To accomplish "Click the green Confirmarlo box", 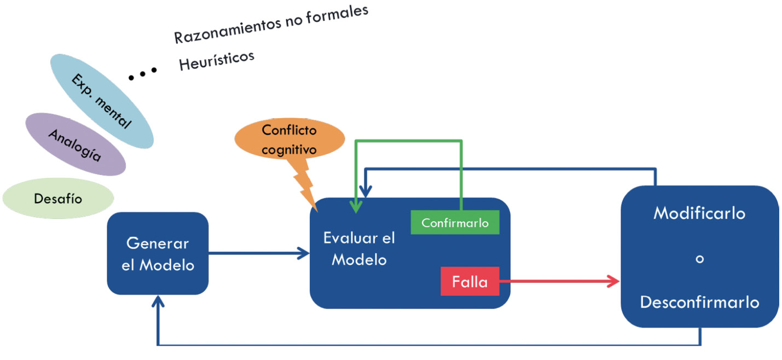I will (455, 223).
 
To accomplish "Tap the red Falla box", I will (470, 282).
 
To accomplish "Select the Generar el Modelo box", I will (158, 253).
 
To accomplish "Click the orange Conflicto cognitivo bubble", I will (289, 140).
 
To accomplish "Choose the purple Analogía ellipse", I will (75, 144).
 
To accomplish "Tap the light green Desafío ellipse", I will (58, 198).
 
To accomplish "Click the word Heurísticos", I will (217, 60).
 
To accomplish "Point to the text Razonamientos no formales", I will (271, 25).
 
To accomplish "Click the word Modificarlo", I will (699, 213).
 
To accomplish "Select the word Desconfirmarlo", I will (699, 302).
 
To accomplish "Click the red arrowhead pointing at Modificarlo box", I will (615, 282).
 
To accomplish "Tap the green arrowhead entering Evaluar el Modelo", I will (356, 207).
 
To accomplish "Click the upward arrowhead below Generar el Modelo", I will (158, 301).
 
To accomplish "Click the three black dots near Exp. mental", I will (143, 73).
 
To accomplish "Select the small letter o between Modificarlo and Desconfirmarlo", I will (699, 258).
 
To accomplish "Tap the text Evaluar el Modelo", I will (359, 248).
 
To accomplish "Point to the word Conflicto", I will (289, 130).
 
